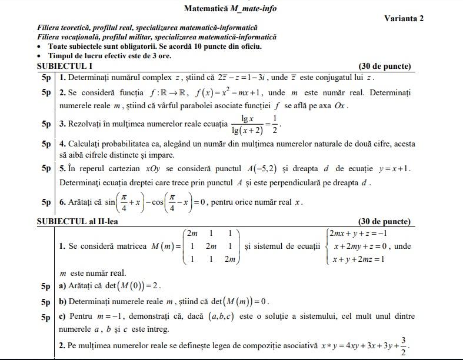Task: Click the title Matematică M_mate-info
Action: click(230, 8)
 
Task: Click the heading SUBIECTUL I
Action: click(65, 66)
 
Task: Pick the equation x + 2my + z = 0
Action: click(358, 246)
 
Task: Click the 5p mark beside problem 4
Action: click(46, 144)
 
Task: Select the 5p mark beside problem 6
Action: click(46, 202)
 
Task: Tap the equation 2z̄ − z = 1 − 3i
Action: click(232, 77)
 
